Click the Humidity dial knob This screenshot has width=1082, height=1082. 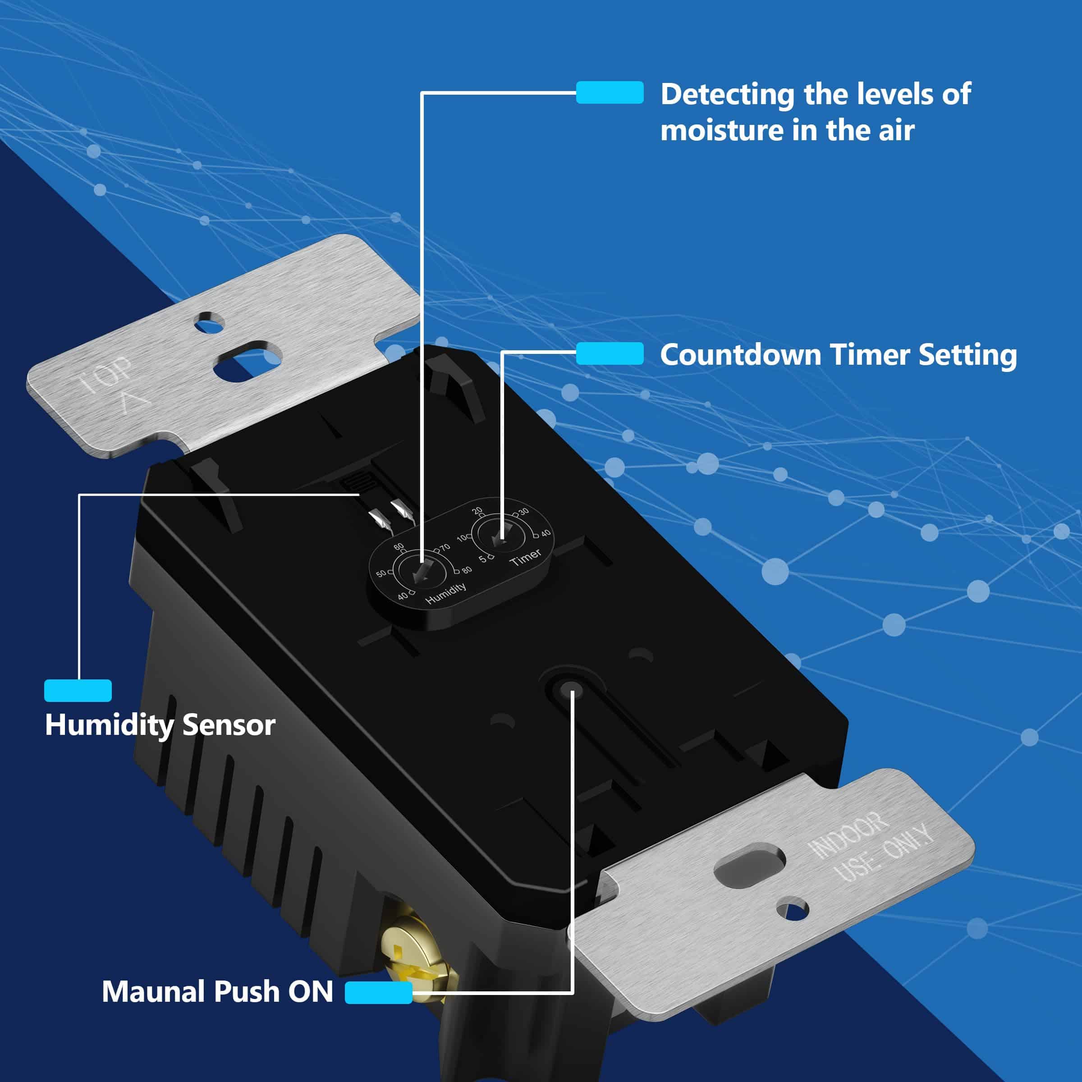420,571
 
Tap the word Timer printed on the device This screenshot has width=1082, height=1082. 525,557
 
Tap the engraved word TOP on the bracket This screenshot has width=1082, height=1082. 105,374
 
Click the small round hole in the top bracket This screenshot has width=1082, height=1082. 209,323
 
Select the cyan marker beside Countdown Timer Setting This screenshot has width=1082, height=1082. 610,354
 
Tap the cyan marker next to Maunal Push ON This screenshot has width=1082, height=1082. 379,992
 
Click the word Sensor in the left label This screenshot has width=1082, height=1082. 229,725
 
